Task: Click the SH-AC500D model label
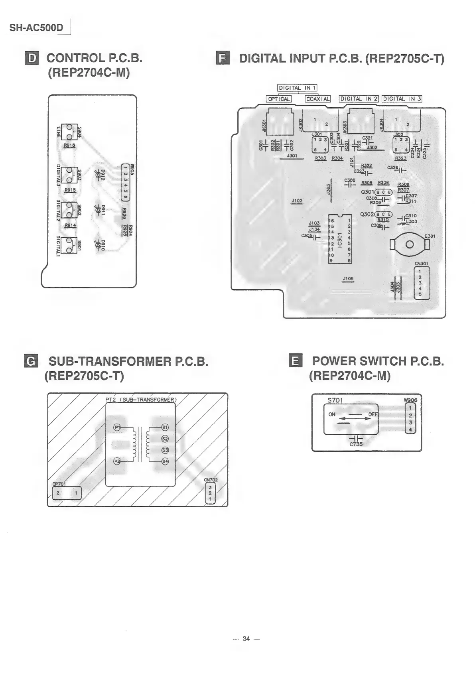coord(36,28)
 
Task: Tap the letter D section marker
coord(32,58)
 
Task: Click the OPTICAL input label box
coord(279,99)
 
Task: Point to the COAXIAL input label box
coord(317,99)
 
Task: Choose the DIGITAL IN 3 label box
coord(402,99)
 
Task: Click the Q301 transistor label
coord(367,192)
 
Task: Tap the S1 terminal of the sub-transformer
coord(165,427)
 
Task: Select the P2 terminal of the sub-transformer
coord(117,461)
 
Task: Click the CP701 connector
coord(67,493)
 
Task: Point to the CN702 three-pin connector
coord(210,493)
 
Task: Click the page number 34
coord(246,639)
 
